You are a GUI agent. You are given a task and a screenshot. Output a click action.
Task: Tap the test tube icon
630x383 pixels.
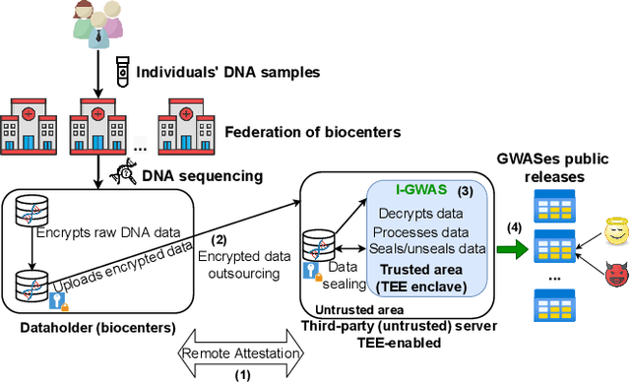tap(123, 71)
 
